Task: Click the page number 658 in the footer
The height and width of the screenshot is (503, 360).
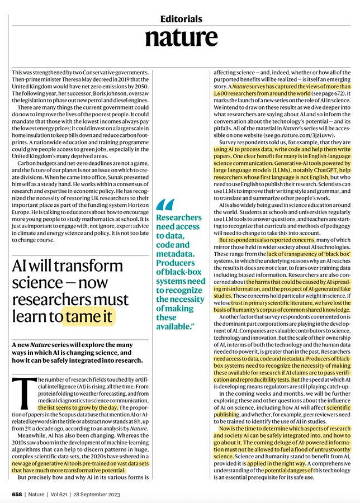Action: pyautogui.click(x=18, y=495)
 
